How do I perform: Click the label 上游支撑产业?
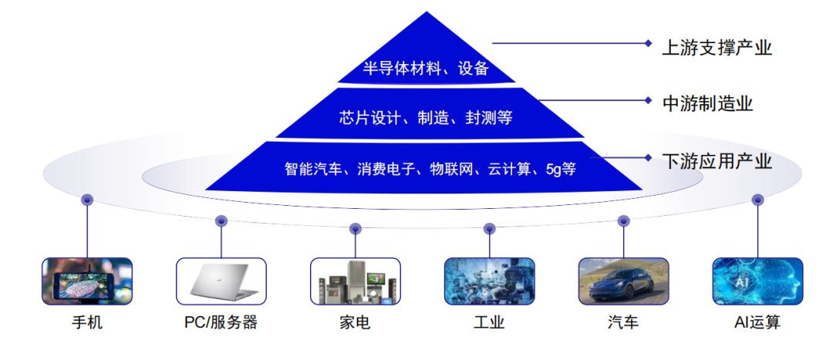click(717, 49)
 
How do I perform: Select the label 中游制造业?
click(707, 103)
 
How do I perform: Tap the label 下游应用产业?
click(717, 161)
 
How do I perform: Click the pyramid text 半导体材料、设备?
click(426, 69)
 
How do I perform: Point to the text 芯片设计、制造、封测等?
click(426, 117)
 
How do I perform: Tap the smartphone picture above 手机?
click(87, 281)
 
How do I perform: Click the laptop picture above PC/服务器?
click(221, 281)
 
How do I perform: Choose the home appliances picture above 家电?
click(356, 281)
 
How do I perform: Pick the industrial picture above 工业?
click(489, 281)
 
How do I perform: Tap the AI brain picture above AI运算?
click(757, 281)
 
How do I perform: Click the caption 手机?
click(87, 322)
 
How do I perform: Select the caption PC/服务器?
click(221, 322)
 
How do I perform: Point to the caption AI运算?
click(757, 322)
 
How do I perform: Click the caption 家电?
click(356, 322)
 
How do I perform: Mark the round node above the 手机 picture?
click(87, 200)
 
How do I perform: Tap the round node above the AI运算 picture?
click(757, 200)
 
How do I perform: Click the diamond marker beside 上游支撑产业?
click(648, 43)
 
